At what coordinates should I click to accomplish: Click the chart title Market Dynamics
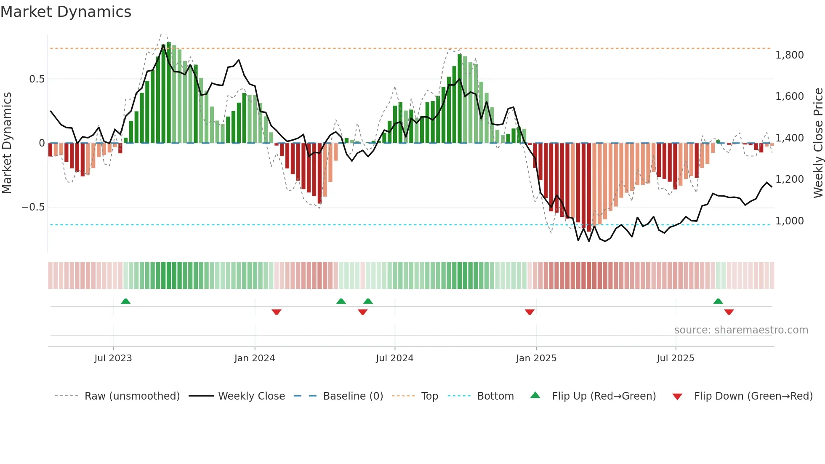(x=66, y=12)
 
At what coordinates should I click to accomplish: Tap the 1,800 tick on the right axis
(x=789, y=55)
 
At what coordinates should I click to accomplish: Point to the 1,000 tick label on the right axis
(x=789, y=221)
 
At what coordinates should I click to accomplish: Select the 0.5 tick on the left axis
(x=37, y=79)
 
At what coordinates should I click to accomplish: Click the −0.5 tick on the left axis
(x=33, y=207)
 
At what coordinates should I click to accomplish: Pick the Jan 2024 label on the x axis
(x=255, y=358)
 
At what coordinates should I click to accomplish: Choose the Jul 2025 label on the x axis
(x=676, y=358)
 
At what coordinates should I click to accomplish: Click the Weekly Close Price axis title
(x=818, y=143)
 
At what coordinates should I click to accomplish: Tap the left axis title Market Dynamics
(x=7, y=143)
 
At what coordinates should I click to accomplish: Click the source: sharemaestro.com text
(x=741, y=330)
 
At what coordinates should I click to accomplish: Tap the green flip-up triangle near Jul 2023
(x=125, y=301)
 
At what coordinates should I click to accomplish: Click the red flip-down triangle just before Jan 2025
(x=530, y=312)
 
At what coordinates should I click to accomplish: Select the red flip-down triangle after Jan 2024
(x=277, y=312)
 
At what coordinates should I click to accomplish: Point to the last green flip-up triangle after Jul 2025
(x=718, y=301)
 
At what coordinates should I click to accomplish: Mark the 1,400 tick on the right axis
(x=789, y=138)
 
